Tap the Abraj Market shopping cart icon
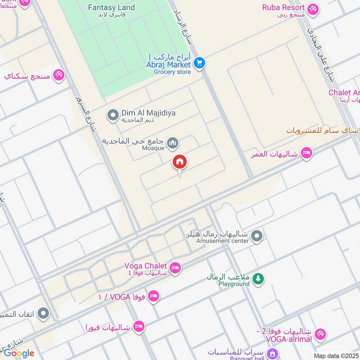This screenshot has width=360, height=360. (200, 63)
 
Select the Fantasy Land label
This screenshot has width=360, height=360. (111, 8)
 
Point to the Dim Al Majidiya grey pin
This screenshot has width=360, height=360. (112, 116)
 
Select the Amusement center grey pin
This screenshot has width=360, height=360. (256, 235)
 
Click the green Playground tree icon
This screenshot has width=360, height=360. (258, 279)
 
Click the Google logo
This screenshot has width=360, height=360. (19, 353)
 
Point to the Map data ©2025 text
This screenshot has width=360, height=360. (336, 356)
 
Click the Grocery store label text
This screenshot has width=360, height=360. (172, 72)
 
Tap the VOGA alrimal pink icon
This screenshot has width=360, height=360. (320, 333)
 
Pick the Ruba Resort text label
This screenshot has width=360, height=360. (283, 8)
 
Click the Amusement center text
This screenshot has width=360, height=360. (222, 241)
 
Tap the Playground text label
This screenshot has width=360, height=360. (234, 284)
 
